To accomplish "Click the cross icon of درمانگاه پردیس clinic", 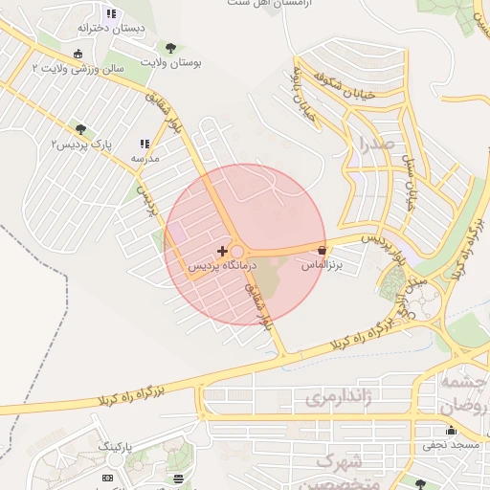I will pyautogui.click(x=223, y=250).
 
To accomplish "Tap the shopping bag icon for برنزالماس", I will pyautogui.click(x=322, y=251).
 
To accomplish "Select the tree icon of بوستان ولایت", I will pyautogui.click(x=170, y=48).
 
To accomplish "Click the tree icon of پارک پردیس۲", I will pyautogui.click(x=80, y=128).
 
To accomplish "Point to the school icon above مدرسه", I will pyautogui.click(x=145, y=143).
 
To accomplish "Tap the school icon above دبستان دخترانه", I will pyautogui.click(x=111, y=14).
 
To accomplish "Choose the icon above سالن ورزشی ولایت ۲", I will pyautogui.click(x=78, y=54).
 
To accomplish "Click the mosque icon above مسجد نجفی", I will pyautogui.click(x=450, y=431).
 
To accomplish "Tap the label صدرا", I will pyautogui.click(x=373, y=145).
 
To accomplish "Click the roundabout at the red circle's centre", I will pyautogui.click(x=236, y=252).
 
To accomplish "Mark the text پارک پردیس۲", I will pyautogui.click(x=81, y=144).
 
